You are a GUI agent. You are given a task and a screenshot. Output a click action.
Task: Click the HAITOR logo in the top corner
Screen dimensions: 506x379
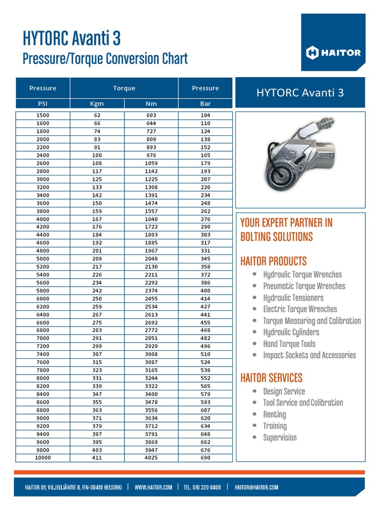(x=333, y=53)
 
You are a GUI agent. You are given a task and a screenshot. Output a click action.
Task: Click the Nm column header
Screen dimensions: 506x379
(x=151, y=104)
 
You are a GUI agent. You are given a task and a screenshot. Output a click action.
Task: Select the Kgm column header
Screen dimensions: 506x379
(x=97, y=104)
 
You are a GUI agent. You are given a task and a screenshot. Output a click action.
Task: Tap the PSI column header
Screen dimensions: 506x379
(x=43, y=104)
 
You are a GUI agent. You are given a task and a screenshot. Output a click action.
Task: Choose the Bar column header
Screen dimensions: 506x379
(x=205, y=104)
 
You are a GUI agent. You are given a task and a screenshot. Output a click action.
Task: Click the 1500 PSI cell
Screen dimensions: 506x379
(x=43, y=115)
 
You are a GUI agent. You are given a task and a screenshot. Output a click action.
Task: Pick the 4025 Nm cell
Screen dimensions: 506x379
(x=151, y=458)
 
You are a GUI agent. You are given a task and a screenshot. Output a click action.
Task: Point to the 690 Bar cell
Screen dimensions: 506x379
(x=205, y=458)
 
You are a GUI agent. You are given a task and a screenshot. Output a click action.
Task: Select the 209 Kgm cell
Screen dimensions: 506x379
(x=97, y=258)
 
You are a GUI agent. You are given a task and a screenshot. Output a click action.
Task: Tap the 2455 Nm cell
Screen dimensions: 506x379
(x=151, y=298)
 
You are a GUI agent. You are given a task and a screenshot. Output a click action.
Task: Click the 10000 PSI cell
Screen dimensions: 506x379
(x=43, y=458)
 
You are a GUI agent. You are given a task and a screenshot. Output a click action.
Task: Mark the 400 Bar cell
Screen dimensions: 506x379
(x=205, y=291)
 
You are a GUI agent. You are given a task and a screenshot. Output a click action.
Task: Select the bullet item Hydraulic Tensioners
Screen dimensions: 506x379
(x=293, y=297)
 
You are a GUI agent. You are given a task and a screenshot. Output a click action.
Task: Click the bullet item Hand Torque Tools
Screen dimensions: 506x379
(x=289, y=344)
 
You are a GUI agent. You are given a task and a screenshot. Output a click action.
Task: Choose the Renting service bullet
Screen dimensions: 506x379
(x=274, y=414)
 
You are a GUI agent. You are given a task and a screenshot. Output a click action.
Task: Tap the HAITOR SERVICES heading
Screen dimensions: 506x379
(x=271, y=378)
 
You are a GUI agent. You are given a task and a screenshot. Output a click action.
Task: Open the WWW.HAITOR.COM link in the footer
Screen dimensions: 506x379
(x=153, y=487)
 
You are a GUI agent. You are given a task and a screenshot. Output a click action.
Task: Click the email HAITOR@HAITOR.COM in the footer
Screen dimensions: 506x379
(x=256, y=487)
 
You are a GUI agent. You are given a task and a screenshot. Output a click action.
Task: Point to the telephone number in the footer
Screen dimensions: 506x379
(x=202, y=487)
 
